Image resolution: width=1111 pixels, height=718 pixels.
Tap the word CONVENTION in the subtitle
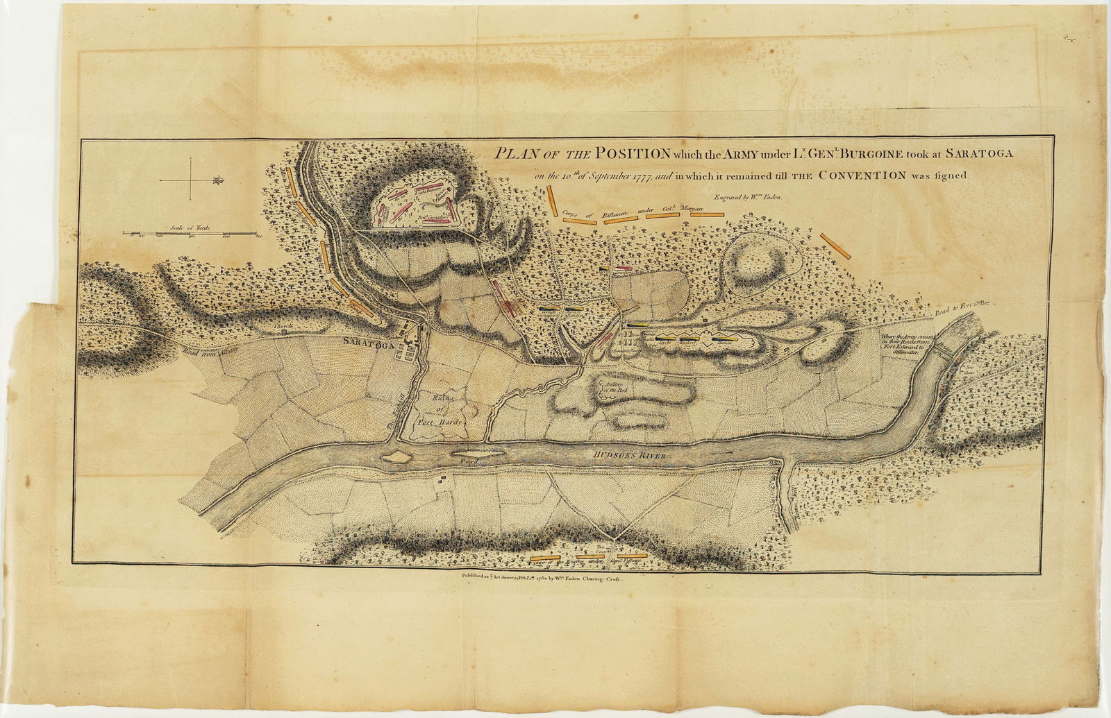pyautogui.click(x=861, y=175)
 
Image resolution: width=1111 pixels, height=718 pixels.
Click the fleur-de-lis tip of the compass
pyautogui.click(x=219, y=180)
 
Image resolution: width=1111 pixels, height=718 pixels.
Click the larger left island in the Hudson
pyautogui.click(x=397, y=456)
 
